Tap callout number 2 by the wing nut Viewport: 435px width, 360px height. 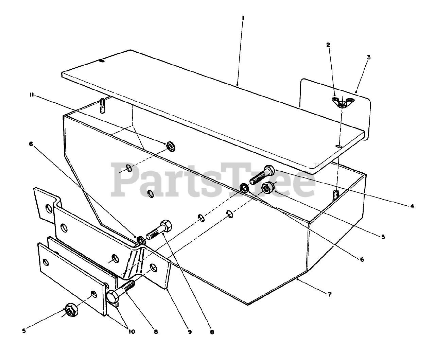[x=328, y=45]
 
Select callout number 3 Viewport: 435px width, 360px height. [x=368, y=57]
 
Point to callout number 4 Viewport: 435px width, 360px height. [x=412, y=206]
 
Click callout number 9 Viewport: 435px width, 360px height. [x=190, y=331]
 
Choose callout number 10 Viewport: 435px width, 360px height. [x=131, y=331]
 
